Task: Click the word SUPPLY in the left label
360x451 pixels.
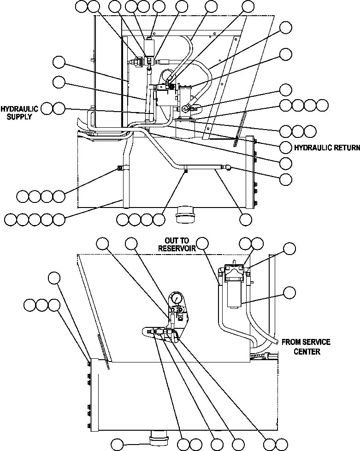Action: (x=20, y=117)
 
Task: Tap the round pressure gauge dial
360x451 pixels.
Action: (x=176, y=299)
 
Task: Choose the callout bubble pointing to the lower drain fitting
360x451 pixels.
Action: (x=118, y=444)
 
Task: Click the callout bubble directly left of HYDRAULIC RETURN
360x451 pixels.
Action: (x=286, y=147)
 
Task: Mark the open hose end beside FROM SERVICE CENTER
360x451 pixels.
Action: (x=275, y=342)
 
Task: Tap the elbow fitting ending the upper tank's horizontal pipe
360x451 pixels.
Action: (x=228, y=168)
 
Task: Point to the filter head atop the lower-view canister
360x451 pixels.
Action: (x=235, y=271)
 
